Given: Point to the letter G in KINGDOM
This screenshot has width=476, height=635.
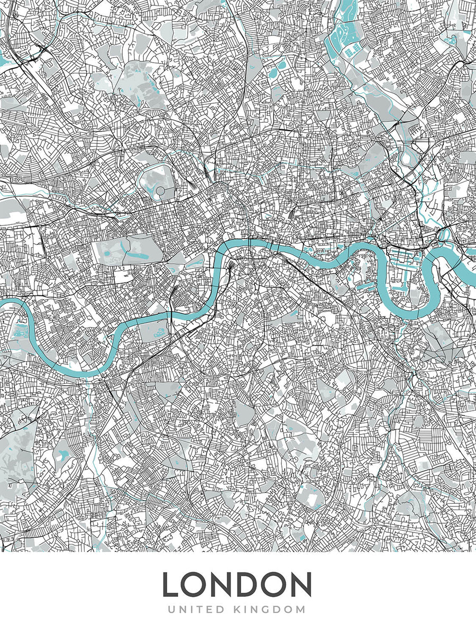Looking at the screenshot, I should pyautogui.click(x=273, y=609).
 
